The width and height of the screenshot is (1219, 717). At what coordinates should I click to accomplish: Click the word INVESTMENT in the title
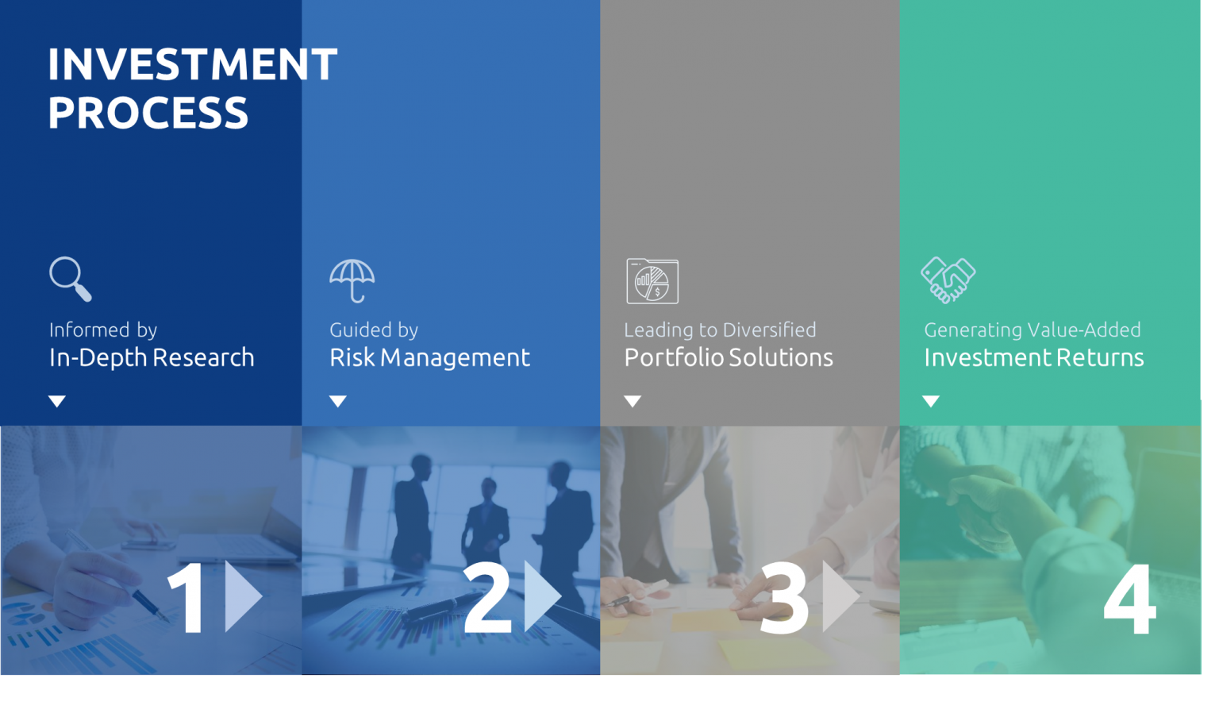point(192,64)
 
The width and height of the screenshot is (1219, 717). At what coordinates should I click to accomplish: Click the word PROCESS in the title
point(148,113)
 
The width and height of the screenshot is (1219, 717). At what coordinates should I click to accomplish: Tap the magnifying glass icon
point(70,279)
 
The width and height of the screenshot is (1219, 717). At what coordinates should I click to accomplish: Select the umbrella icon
point(352,280)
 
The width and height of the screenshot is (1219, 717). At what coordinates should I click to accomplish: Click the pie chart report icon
point(652,281)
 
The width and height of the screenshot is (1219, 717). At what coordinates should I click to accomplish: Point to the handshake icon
point(948,280)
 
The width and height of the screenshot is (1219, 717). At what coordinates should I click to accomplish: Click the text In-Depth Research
point(152,357)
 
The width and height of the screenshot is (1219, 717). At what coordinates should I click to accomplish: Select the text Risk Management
point(429,357)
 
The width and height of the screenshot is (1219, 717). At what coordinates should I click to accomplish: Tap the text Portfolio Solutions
point(729,357)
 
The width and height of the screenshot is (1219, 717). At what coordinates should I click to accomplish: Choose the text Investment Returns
point(1033,357)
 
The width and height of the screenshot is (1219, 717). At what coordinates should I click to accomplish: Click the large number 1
point(187,597)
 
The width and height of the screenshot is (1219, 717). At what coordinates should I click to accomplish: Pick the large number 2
point(487,597)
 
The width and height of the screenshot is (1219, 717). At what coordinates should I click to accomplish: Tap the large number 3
point(784,599)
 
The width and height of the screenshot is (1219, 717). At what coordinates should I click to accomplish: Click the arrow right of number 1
point(242,596)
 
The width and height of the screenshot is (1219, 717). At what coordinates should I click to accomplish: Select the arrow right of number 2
point(542,596)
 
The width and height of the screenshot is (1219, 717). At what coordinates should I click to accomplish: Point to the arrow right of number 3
point(840,596)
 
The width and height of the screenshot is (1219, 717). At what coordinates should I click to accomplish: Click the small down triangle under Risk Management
point(338,401)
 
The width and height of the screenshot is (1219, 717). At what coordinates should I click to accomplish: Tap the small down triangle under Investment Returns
point(931,401)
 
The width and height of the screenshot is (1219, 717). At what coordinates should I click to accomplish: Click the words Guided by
point(374,330)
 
